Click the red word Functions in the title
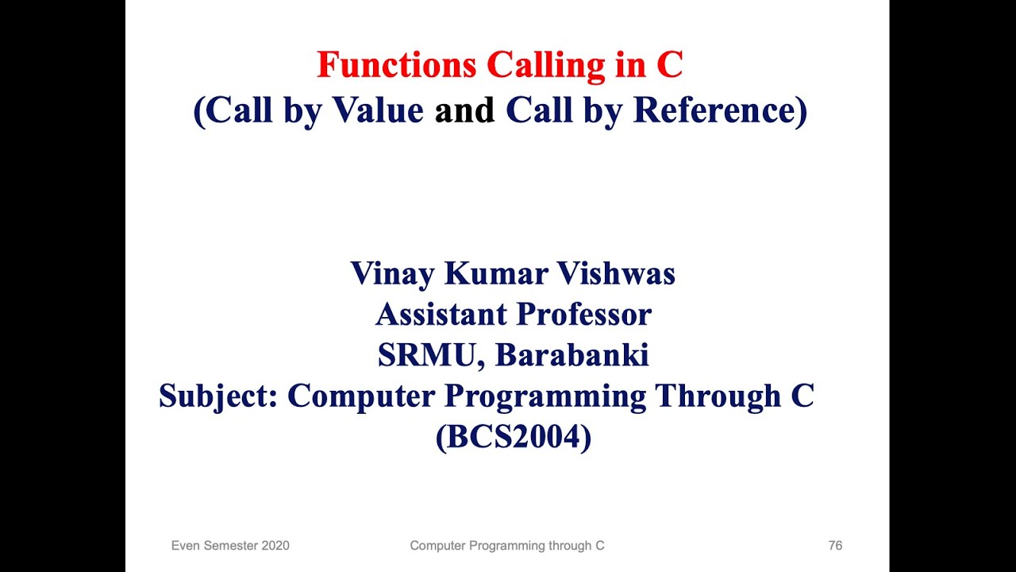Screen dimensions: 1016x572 [x=396, y=64]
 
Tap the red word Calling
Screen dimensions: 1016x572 [x=546, y=66]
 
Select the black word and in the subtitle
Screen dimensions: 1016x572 [x=464, y=110]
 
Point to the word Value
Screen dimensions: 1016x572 [x=378, y=110]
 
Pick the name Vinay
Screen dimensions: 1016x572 [x=392, y=274]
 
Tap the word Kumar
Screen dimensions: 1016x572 [x=496, y=273]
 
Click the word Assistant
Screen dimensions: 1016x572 [x=441, y=314]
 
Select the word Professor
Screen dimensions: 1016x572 [x=584, y=314]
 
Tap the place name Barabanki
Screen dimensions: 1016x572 [x=572, y=355]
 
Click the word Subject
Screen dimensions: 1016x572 [x=218, y=396]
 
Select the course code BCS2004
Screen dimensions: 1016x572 [x=514, y=437]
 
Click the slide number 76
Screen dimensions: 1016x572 [x=835, y=545]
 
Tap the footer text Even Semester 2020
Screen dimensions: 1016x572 [x=230, y=545]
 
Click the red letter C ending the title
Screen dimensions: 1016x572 [x=670, y=64]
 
